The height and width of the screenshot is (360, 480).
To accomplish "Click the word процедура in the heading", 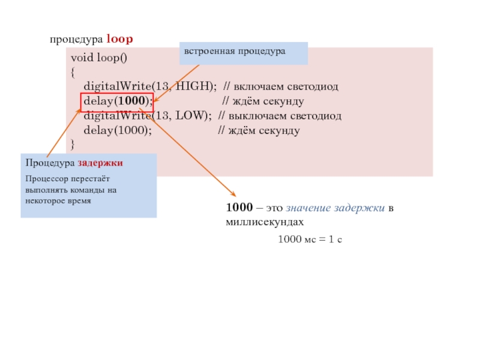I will (76, 40).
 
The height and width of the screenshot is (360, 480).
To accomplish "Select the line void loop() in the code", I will (99, 59).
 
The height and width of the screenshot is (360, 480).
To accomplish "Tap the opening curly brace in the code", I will (73, 73).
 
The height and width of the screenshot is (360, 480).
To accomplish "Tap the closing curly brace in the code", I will (73, 144).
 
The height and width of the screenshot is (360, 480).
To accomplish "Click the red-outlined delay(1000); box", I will (117, 101).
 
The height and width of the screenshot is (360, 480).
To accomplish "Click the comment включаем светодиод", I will (287, 87).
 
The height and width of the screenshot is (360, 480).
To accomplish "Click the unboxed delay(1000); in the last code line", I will (117, 130).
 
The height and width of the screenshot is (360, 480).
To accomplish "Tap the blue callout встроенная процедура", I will (243, 52).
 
